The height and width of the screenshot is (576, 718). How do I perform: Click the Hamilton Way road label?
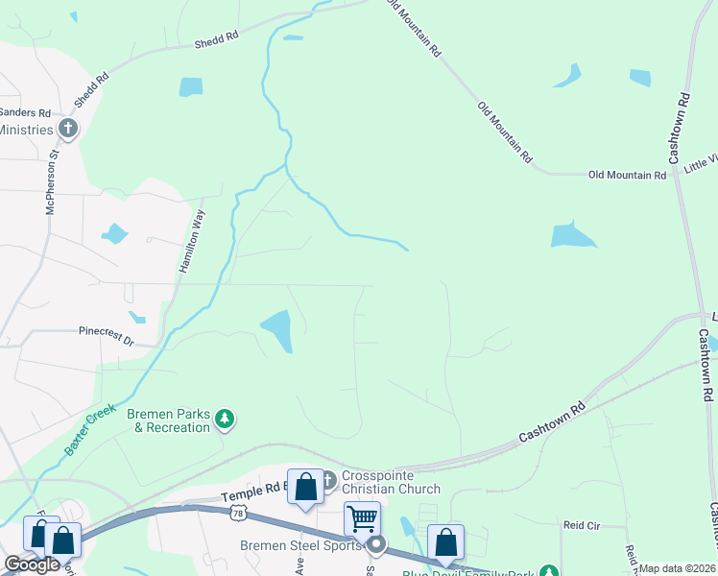coord(193,243)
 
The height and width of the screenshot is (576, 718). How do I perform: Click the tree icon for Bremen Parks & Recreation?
coord(225,418)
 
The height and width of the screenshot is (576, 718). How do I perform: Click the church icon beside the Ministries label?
coord(67,128)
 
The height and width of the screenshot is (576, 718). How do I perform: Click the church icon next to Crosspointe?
coord(326,478)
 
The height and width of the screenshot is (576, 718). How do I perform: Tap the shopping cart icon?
coord(362,519)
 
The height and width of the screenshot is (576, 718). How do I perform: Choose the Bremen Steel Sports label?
coord(299,546)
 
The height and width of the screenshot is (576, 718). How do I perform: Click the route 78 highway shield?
coord(237,514)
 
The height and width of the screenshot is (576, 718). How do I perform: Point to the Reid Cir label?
coord(582,525)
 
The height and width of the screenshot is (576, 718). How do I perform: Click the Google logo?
coord(32,565)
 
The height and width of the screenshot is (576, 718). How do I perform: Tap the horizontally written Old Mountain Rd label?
coord(627,175)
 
